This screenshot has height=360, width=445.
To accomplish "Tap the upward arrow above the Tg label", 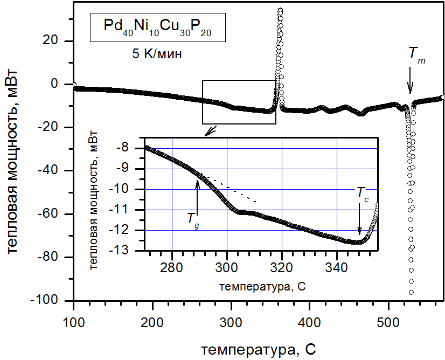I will tap(197, 194).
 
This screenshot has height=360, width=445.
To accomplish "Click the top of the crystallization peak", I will tap(280, 10).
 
